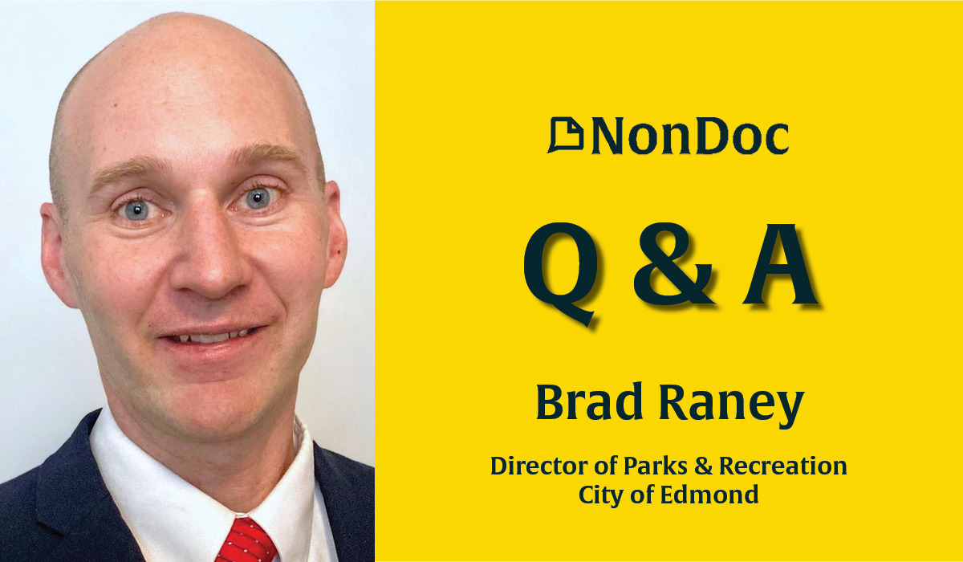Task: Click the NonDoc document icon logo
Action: click(565, 136)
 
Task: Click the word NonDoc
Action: click(689, 136)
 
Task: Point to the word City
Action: click(603, 495)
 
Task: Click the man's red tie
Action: click(244, 539)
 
